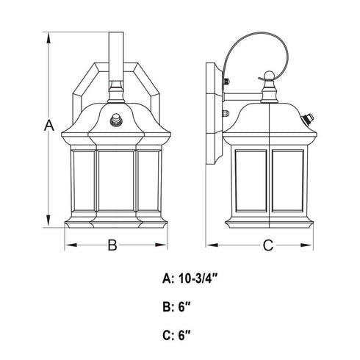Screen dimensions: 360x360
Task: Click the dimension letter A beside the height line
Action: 49,126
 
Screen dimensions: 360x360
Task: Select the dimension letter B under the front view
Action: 112,245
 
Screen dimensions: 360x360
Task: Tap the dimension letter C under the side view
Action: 268,245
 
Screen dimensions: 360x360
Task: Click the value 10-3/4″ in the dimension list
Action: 198,278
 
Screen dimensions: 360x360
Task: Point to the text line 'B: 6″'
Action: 176,307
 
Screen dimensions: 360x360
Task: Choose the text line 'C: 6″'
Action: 176,335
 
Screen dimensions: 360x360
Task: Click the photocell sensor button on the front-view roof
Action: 116,120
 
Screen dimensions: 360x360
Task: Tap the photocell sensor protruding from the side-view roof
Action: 308,118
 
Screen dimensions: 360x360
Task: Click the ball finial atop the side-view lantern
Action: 269,75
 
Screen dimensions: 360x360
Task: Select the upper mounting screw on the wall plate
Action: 226,81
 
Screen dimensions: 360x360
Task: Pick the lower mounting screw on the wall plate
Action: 226,113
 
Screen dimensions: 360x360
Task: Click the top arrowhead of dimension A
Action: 48,38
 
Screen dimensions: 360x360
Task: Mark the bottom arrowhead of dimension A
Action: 48,221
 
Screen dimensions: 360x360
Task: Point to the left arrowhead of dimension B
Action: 71,245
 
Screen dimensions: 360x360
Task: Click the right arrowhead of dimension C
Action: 306,245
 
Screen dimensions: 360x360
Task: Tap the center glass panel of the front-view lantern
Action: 116,181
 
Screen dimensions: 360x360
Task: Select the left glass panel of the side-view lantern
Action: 251,181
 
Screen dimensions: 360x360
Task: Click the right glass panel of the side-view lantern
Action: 288,181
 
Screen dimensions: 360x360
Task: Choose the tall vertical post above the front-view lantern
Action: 116,57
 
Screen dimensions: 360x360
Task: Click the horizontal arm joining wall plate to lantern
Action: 242,96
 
